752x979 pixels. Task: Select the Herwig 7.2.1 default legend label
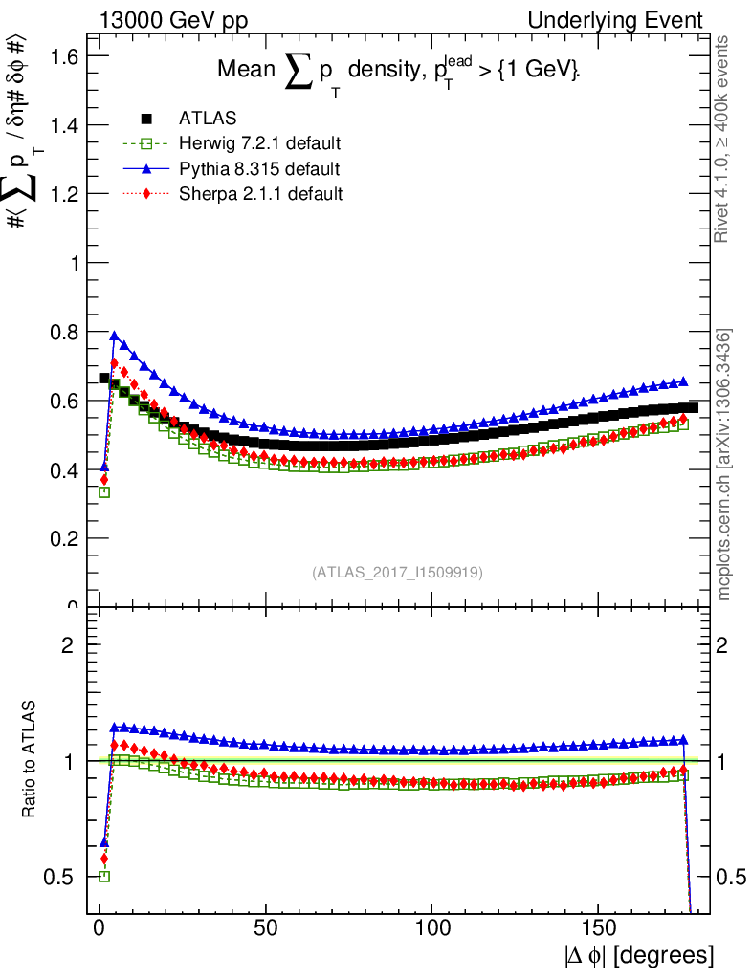pyautogui.click(x=260, y=143)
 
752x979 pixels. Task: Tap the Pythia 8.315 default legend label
pyautogui.click(x=258, y=169)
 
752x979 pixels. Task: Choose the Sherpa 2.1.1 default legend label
pyautogui.click(x=260, y=194)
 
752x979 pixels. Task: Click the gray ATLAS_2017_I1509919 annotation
pyautogui.click(x=397, y=573)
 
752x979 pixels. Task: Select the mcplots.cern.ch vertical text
pyautogui.click(x=724, y=466)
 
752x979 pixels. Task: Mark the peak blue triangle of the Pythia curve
pyautogui.click(x=115, y=337)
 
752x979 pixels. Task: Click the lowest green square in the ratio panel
pyautogui.click(x=104, y=876)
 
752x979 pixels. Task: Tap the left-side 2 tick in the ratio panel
pyautogui.click(x=68, y=644)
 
